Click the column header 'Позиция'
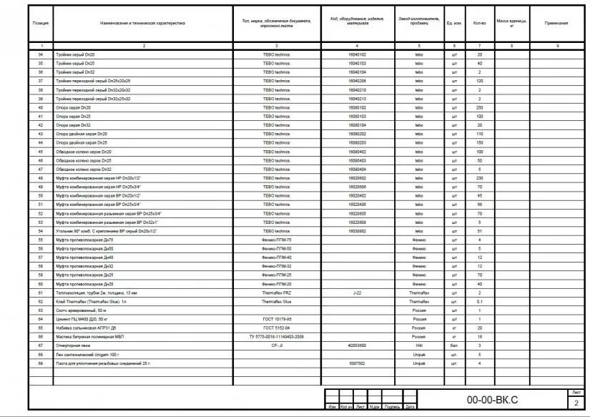(x=41, y=23)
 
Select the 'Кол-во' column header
(x=480, y=23)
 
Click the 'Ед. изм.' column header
(x=453, y=23)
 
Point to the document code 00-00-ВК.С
(x=492, y=398)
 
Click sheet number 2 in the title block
(x=576, y=403)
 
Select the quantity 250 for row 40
(x=480, y=107)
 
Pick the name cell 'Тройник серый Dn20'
(x=76, y=54)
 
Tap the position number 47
(x=41, y=169)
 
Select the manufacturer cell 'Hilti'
(x=419, y=345)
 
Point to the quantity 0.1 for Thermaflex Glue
(x=480, y=301)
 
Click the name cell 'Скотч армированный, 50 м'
(x=80, y=310)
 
